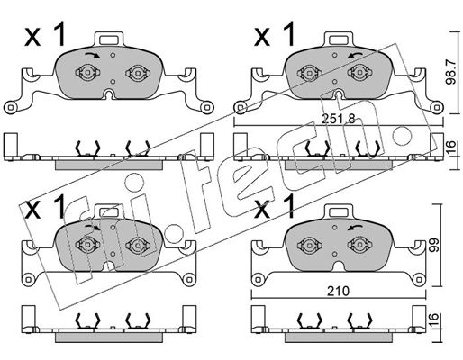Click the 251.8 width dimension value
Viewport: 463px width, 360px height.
[339, 120]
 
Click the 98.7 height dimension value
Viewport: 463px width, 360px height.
[450, 72]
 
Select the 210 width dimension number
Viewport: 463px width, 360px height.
[338, 291]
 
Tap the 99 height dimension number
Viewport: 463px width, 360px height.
[433, 245]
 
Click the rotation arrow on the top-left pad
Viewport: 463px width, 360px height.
[92, 55]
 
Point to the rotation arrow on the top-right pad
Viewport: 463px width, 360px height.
[355, 55]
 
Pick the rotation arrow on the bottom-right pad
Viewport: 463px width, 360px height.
[355, 228]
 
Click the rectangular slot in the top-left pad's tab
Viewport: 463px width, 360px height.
[109, 40]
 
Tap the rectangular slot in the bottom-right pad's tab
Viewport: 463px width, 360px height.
[339, 212]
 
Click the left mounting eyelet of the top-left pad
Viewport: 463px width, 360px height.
[10, 107]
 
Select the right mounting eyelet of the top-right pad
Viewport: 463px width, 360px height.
[437, 107]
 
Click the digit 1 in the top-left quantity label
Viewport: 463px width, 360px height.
[59, 35]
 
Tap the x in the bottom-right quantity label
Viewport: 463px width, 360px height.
[262, 211]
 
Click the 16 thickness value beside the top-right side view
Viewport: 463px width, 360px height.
[452, 147]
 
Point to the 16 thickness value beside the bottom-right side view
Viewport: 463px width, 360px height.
[434, 319]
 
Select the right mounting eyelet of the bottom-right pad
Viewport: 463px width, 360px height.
[419, 280]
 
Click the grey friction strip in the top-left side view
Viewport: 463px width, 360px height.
[109, 165]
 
